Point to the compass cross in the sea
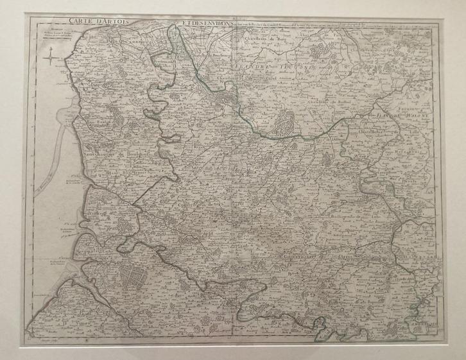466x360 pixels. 49,60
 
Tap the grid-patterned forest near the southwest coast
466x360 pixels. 135,275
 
